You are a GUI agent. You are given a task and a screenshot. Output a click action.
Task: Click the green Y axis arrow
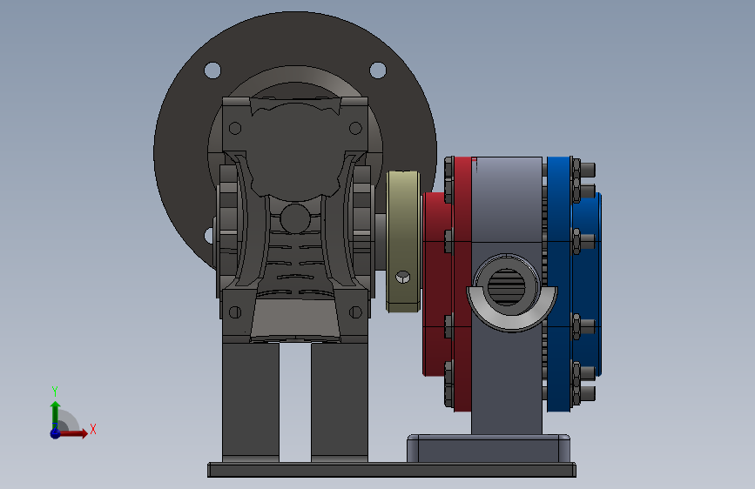(x=55, y=414)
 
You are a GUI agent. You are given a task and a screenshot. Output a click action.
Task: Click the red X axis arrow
(x=72, y=433)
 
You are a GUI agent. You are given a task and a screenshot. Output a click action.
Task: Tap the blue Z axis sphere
(x=55, y=433)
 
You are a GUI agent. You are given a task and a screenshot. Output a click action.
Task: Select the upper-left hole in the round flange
(x=212, y=70)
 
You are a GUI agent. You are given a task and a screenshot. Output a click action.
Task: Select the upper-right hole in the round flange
(x=378, y=70)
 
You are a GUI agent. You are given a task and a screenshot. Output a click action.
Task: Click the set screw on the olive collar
(x=403, y=278)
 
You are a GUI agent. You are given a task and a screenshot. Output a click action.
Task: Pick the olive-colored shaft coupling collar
(x=403, y=242)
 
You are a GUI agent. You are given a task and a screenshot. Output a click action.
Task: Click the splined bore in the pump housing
(x=507, y=286)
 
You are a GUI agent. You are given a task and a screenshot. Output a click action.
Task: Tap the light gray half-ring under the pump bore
(x=512, y=315)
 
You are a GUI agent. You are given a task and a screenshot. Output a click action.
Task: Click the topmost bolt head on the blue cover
(x=587, y=170)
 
